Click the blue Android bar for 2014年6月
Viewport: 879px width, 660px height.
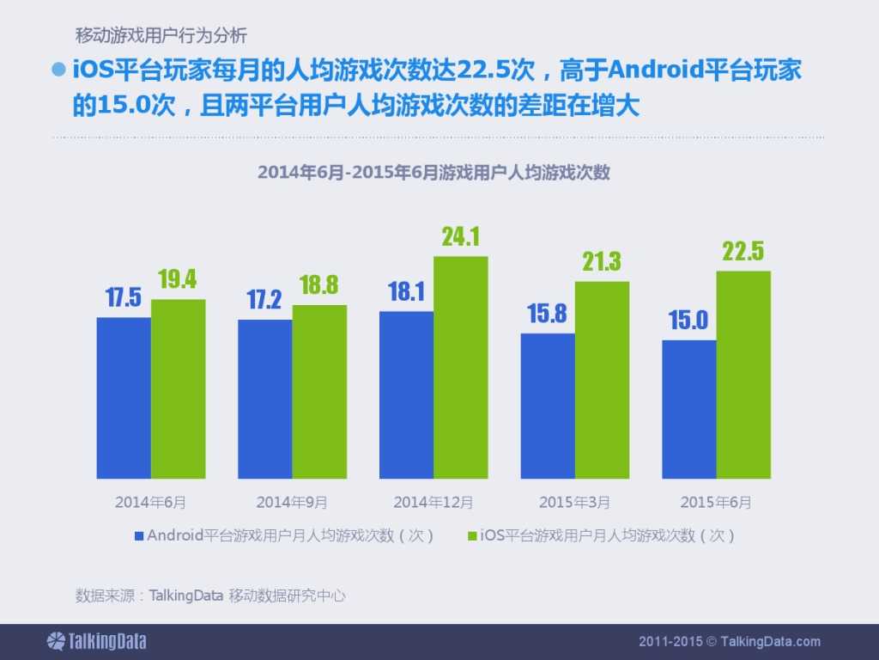pos(124,398)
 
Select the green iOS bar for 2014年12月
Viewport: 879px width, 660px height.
pos(460,367)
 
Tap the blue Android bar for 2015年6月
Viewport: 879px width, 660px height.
pos(688,409)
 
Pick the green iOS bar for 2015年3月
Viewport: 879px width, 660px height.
pos(602,380)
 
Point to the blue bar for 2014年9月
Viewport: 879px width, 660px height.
pos(264,399)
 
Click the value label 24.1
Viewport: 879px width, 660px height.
pos(460,237)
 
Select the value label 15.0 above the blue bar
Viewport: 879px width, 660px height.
pos(688,321)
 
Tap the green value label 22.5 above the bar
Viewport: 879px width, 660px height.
pos(743,252)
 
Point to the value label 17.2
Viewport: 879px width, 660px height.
pos(264,300)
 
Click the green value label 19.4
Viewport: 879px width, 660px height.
pos(178,279)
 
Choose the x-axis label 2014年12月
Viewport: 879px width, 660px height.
pos(433,501)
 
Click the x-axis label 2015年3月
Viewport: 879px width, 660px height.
pos(574,501)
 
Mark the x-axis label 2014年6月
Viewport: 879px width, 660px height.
pos(150,501)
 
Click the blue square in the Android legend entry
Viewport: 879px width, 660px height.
pos(138,535)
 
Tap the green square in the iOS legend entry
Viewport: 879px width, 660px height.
pos(471,535)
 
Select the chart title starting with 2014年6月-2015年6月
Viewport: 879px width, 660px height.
pos(433,172)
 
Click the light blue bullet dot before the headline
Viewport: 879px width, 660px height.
pos(59,70)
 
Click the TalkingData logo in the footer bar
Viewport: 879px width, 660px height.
pos(96,641)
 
